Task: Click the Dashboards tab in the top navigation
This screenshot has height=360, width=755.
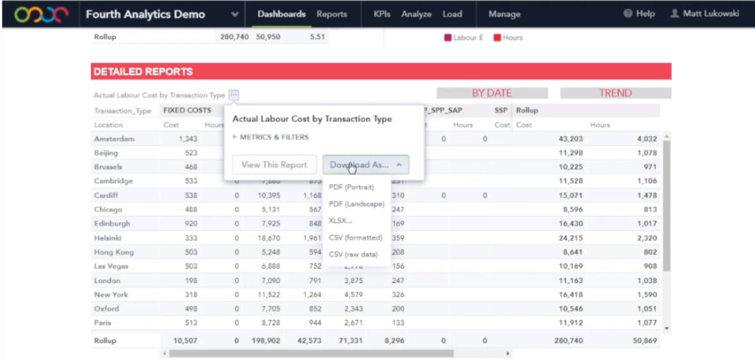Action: pyautogui.click(x=282, y=14)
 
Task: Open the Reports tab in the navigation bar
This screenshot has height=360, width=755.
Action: pyautogui.click(x=332, y=14)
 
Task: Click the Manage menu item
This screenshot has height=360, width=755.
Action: pyautogui.click(x=504, y=14)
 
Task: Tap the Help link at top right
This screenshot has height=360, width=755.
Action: pyautogui.click(x=639, y=14)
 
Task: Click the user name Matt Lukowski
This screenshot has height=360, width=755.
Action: pyautogui.click(x=705, y=14)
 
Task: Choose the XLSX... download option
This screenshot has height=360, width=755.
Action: pyautogui.click(x=341, y=220)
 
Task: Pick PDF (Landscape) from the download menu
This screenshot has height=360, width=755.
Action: pyautogui.click(x=356, y=204)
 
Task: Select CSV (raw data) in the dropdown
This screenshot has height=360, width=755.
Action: pyautogui.click(x=353, y=254)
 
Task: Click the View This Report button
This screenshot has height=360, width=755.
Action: pyautogui.click(x=274, y=165)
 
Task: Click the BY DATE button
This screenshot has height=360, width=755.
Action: pyautogui.click(x=492, y=93)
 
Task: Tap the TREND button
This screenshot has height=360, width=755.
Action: pyautogui.click(x=615, y=93)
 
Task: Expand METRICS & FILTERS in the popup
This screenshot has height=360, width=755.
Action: pyautogui.click(x=271, y=137)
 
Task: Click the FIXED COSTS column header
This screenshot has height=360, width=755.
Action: pyautogui.click(x=187, y=111)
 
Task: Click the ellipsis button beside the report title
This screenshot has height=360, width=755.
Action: pyautogui.click(x=234, y=95)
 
